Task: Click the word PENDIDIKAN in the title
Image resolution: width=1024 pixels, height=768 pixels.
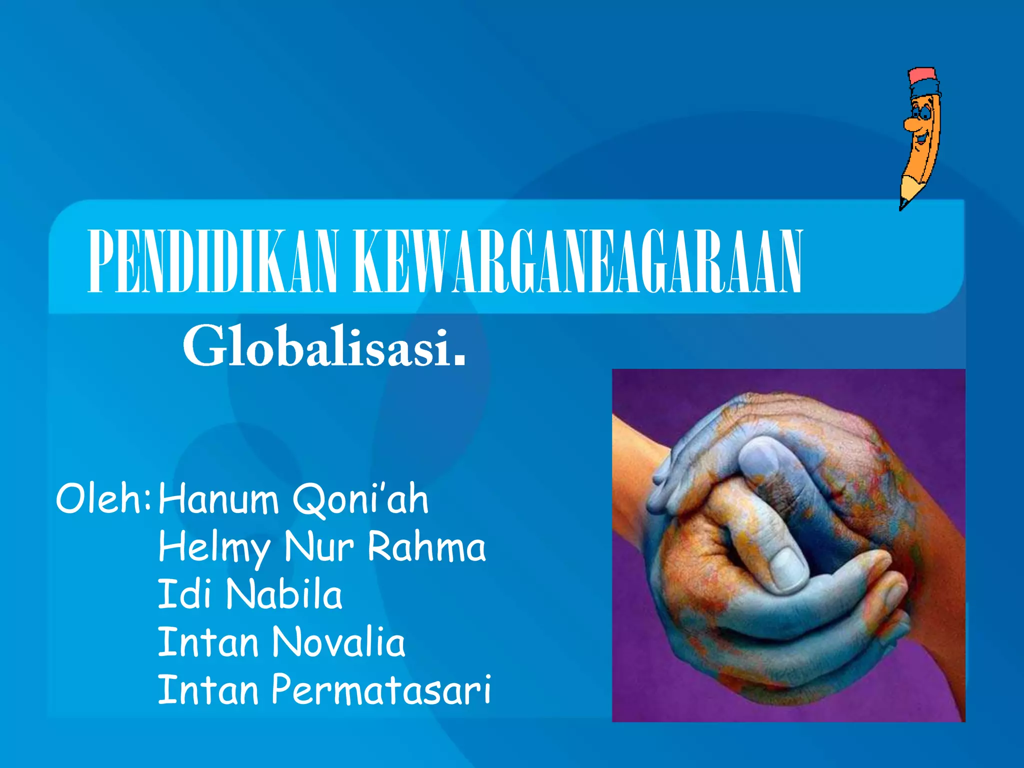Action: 212,261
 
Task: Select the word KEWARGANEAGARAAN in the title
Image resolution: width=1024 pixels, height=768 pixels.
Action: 577,261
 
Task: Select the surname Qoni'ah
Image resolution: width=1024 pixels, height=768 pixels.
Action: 360,499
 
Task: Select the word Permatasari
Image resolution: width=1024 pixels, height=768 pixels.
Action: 381,690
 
